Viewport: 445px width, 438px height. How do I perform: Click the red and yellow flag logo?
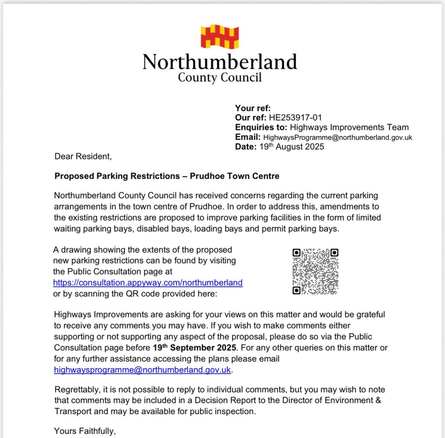(x=219, y=36)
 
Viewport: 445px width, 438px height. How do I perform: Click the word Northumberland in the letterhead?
(x=219, y=62)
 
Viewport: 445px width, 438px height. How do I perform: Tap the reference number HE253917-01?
(x=295, y=118)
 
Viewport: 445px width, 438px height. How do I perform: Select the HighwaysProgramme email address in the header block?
(x=338, y=137)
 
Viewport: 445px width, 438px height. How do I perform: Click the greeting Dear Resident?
(x=83, y=156)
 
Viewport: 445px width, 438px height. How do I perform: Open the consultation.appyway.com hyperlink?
(x=148, y=283)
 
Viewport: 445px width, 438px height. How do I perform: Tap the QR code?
(x=315, y=271)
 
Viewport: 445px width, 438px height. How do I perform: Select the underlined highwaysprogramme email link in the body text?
(x=143, y=370)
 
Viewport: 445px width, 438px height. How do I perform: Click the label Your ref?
(x=252, y=108)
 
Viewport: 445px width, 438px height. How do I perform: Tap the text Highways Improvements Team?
(x=349, y=127)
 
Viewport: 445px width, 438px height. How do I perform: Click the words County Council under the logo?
(x=219, y=78)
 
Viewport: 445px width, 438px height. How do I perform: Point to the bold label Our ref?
(x=251, y=118)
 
